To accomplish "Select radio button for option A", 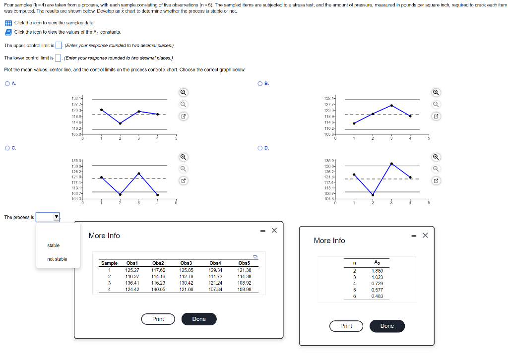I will click(x=7, y=83).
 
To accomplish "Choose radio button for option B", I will click(x=260, y=83).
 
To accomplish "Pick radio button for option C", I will click(x=7, y=147).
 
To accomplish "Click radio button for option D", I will click(x=260, y=147).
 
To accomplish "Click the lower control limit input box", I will click(x=58, y=58).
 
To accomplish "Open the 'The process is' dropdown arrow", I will click(x=56, y=217).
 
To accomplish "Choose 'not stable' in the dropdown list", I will click(x=57, y=259).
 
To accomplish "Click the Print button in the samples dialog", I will click(x=158, y=319).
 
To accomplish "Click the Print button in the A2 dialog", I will click(x=346, y=326).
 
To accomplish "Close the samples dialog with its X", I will click(x=274, y=231).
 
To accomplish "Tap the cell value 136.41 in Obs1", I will click(x=132, y=283).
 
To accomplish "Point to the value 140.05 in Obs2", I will click(x=158, y=289).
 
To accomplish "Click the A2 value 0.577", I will click(x=377, y=290).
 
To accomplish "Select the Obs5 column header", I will click(x=244, y=263).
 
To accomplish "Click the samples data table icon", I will click(x=8, y=23).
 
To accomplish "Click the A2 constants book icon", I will click(x=8, y=32).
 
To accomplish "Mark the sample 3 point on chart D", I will click(x=391, y=163).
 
